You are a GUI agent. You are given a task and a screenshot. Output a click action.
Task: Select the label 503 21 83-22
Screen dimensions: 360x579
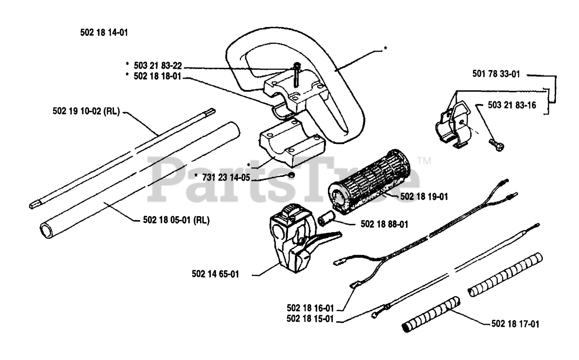(x=159, y=66)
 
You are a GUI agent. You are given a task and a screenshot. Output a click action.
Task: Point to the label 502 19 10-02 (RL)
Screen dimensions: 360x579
(x=92, y=113)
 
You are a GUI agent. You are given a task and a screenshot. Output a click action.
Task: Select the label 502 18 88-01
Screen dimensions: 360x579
(x=384, y=224)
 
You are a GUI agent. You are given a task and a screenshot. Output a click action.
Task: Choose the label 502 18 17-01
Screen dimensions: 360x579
(x=515, y=324)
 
